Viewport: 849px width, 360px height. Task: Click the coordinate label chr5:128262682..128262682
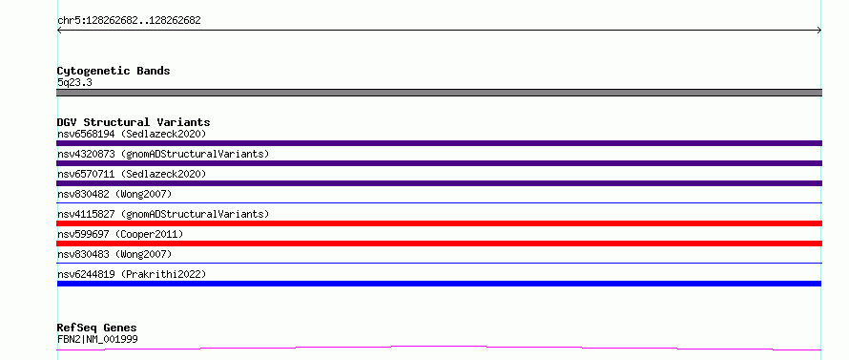pos(129,21)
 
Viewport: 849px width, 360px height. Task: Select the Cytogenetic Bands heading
pos(114,71)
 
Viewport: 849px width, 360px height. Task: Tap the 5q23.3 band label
pos(74,82)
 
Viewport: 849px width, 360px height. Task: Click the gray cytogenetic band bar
pos(439,93)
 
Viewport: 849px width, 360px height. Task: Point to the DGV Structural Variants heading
pos(134,122)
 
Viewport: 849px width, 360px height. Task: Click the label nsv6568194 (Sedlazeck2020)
pos(132,134)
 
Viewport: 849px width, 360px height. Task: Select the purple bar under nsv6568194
pos(439,143)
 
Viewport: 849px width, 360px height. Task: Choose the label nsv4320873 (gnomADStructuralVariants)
pos(163,154)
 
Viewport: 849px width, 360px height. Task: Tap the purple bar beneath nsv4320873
pos(439,163)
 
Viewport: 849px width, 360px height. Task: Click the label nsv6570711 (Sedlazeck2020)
pos(132,174)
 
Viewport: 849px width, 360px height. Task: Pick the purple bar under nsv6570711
pos(439,183)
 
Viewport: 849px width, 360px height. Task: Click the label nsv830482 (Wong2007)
pos(114,194)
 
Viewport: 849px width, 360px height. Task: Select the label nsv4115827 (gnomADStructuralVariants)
pos(163,214)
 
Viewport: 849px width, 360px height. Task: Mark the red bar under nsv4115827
pos(439,223)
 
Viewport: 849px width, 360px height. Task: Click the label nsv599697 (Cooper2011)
pos(120,234)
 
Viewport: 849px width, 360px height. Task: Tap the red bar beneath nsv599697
pos(439,244)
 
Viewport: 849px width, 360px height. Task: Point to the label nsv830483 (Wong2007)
pos(114,254)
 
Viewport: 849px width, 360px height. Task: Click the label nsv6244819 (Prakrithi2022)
pos(132,274)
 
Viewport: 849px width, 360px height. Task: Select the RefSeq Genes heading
pos(97,328)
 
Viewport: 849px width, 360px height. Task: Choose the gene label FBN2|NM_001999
pos(97,340)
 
